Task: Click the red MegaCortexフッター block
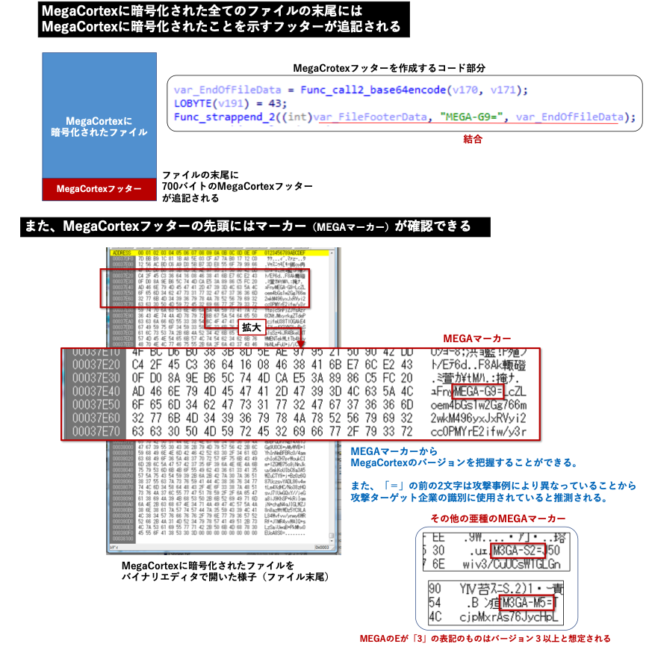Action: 99,189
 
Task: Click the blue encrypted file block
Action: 99,116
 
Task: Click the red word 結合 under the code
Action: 473,138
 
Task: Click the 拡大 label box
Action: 249,327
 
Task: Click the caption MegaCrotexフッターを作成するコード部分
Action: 389,68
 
